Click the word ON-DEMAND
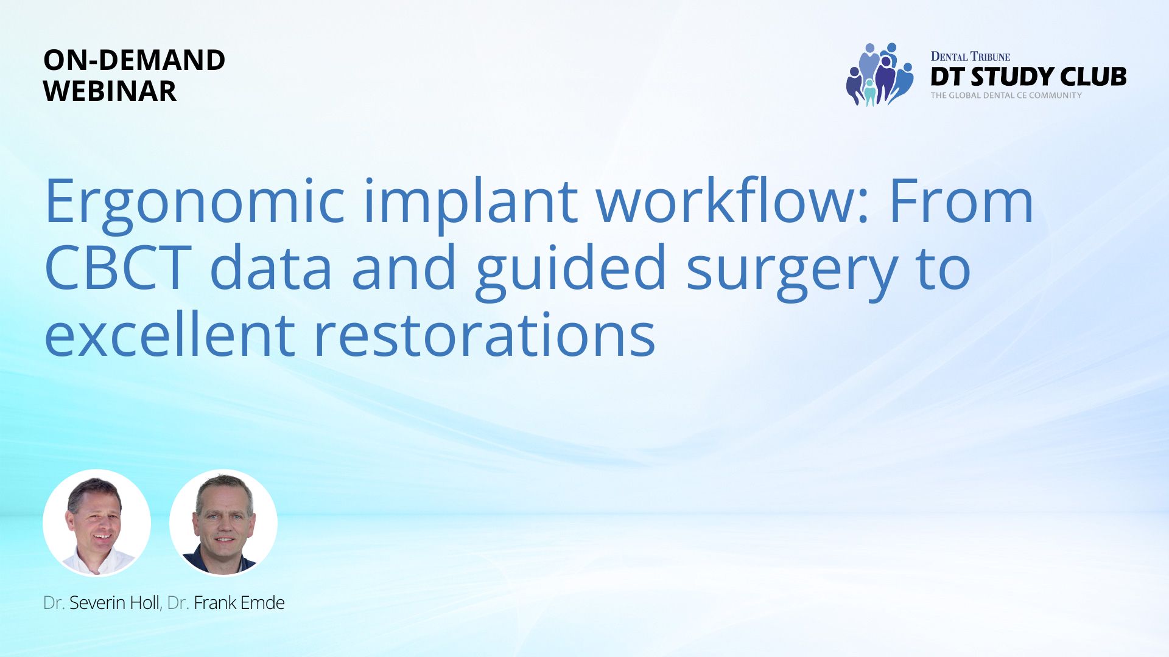(x=135, y=60)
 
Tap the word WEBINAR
(x=110, y=91)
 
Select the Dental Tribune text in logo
(x=971, y=57)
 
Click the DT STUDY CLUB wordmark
(x=1028, y=77)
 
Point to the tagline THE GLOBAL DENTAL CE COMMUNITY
(x=1006, y=96)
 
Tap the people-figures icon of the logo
(x=880, y=74)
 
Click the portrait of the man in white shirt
(x=97, y=523)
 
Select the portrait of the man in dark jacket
(x=223, y=523)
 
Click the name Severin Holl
(x=114, y=603)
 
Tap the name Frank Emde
(x=239, y=603)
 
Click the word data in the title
(x=271, y=268)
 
